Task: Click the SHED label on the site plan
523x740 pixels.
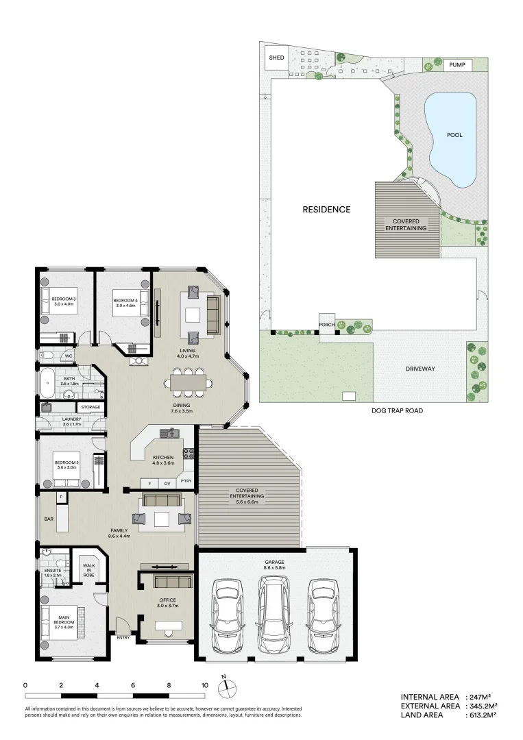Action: pyautogui.click(x=276, y=58)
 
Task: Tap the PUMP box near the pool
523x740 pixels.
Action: pyautogui.click(x=457, y=64)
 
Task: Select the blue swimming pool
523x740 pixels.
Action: pyautogui.click(x=451, y=138)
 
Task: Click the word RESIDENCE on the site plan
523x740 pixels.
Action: pyautogui.click(x=326, y=210)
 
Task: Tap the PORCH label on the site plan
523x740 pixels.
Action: pyautogui.click(x=326, y=325)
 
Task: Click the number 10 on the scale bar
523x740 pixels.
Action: pyautogui.click(x=204, y=684)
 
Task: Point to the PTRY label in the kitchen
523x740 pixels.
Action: pyautogui.click(x=186, y=482)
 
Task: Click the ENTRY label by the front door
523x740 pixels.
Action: pyautogui.click(x=123, y=638)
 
